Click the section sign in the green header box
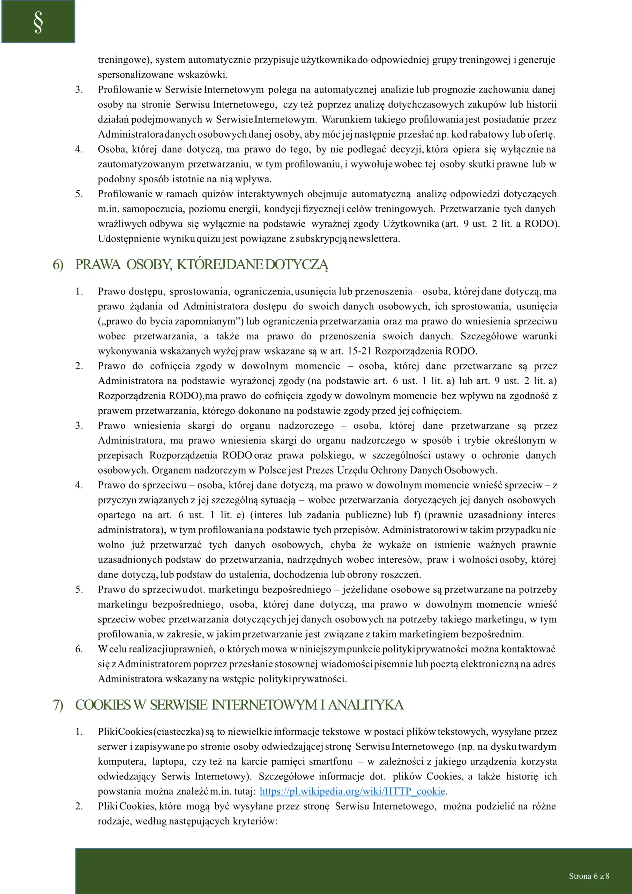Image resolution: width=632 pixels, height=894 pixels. pos(38,22)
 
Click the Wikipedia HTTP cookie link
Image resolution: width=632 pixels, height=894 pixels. pos(352,791)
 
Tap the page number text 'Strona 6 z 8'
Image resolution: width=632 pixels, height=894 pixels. pos(589,876)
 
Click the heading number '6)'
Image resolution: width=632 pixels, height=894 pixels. pos(58,265)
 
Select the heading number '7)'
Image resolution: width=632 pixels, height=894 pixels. pos(58,705)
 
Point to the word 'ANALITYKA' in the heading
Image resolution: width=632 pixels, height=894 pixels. pos(365,705)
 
